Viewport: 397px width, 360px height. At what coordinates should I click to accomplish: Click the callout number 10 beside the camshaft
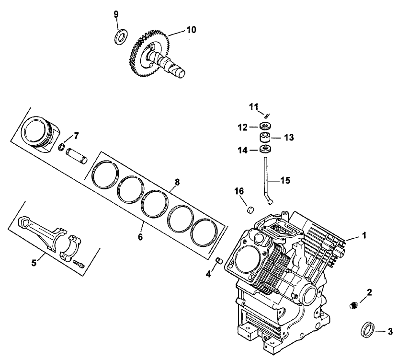(191, 30)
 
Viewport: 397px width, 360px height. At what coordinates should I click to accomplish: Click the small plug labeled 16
(249, 209)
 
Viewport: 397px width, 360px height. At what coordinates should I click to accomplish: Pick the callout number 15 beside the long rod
(285, 181)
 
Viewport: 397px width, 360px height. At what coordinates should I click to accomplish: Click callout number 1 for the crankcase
(364, 235)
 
